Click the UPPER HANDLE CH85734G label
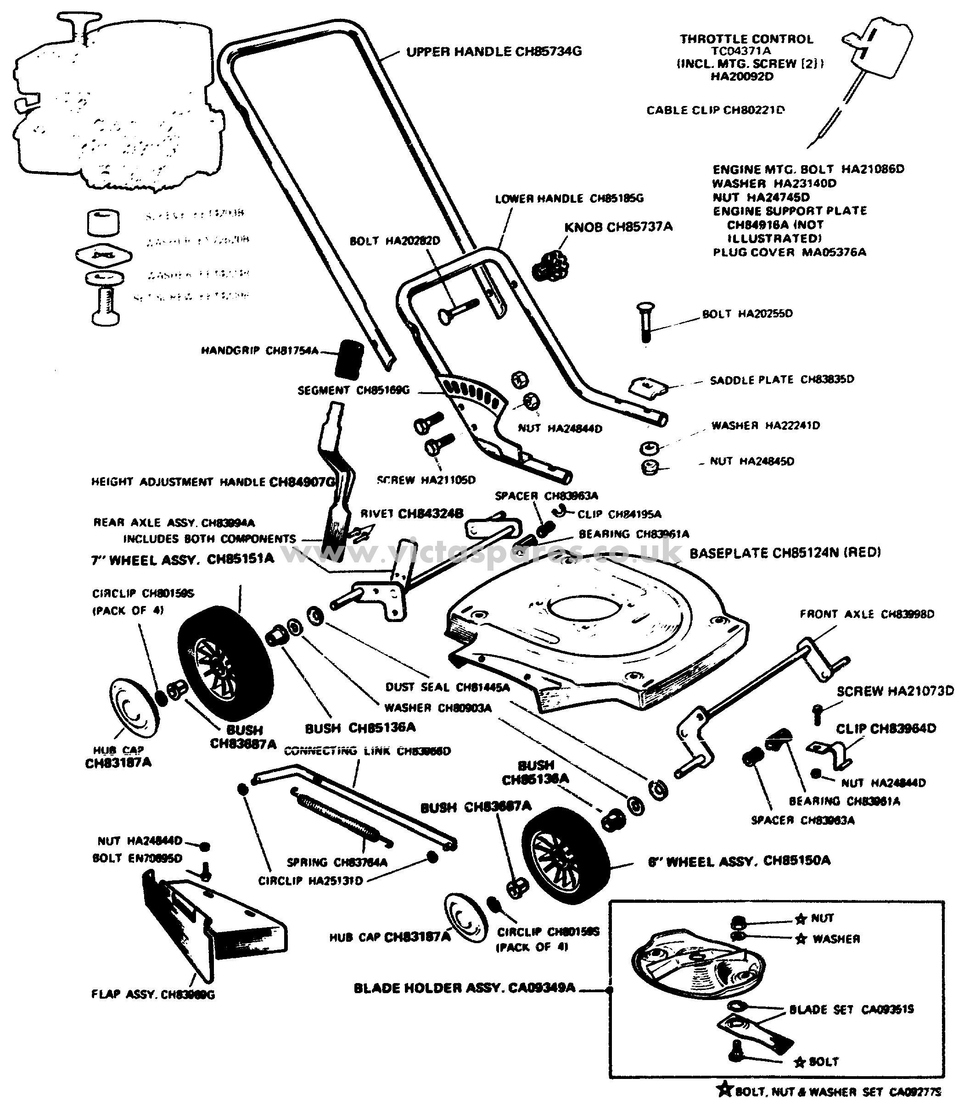tap(493, 52)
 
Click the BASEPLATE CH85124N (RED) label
tap(785, 553)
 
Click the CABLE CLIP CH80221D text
tap(715, 110)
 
